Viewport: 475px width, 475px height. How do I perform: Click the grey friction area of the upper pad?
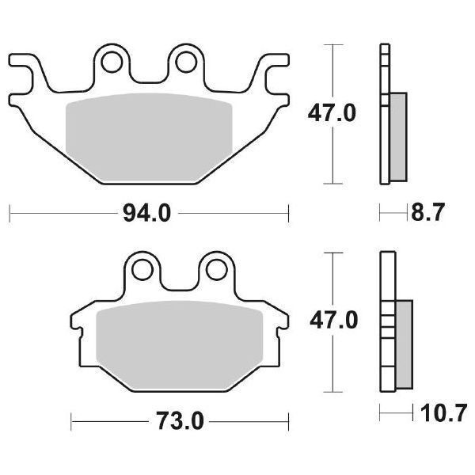(x=147, y=135)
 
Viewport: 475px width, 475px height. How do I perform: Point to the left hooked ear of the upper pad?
(x=24, y=67)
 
